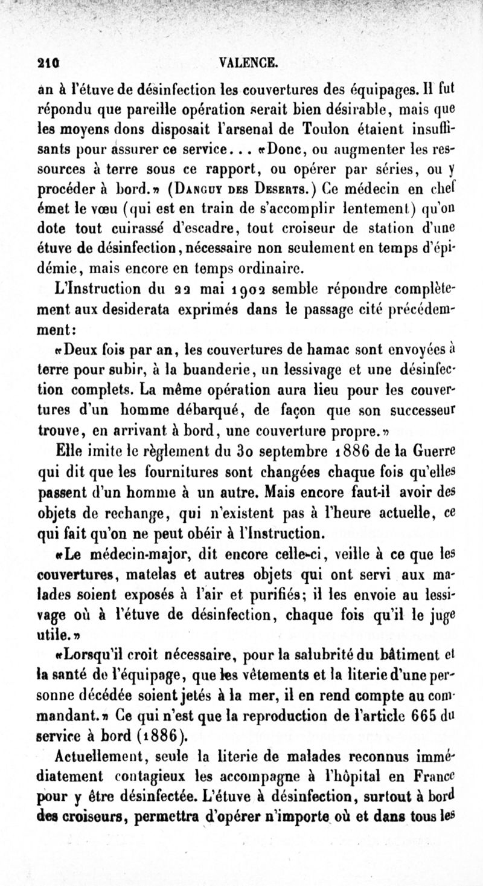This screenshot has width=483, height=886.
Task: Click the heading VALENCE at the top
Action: point(249,62)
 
